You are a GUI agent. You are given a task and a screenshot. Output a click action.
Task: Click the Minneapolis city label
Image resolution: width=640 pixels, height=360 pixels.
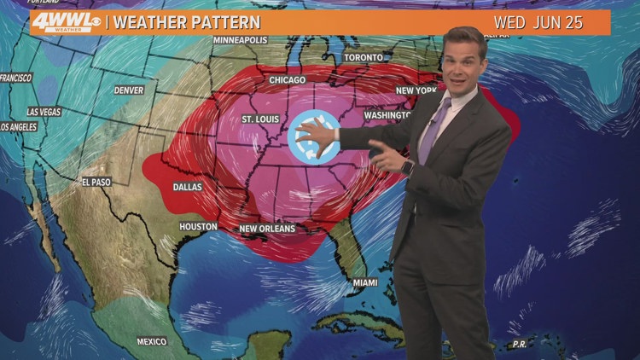pos(240,40)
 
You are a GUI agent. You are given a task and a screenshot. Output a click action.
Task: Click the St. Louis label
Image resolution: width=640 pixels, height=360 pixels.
pos(261,119)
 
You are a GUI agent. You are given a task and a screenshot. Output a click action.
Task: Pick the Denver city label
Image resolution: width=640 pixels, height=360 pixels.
pos(130,90)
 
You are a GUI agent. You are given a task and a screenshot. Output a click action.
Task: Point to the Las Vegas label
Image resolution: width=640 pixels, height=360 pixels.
pos(44,112)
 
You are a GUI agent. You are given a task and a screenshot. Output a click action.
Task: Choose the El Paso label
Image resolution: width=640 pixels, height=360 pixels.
pos(97,182)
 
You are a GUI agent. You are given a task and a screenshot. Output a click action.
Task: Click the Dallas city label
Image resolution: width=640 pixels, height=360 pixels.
pos(187,186)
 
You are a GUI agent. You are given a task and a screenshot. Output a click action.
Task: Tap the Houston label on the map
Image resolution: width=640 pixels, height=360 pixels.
pos(199,226)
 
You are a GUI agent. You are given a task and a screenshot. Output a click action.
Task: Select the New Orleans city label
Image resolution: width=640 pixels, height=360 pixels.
pos(267,229)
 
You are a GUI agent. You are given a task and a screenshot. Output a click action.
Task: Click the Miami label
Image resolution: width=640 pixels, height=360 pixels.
pos(365,282)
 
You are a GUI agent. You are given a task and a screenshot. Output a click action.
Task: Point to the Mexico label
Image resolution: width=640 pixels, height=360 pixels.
pos(152,341)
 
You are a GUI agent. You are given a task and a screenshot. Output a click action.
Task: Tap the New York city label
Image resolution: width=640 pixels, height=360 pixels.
pos(416,90)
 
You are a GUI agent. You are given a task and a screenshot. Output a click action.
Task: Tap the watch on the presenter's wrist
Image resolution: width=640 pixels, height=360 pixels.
pos(407,165)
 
